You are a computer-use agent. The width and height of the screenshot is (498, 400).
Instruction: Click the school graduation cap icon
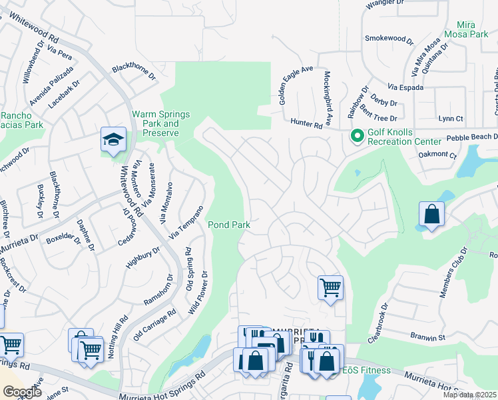point(114,139)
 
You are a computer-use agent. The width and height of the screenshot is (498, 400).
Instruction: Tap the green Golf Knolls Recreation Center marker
point(358,135)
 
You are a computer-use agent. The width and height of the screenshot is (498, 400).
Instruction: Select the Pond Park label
point(230,225)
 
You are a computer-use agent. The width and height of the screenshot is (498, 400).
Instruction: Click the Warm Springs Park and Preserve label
point(156,123)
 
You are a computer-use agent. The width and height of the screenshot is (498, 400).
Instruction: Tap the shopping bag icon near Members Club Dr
point(431,215)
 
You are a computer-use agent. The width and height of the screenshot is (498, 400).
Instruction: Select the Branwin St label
point(427,338)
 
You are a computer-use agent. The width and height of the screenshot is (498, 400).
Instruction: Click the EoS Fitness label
point(364,369)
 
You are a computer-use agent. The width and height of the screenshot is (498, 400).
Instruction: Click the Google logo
point(22,392)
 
